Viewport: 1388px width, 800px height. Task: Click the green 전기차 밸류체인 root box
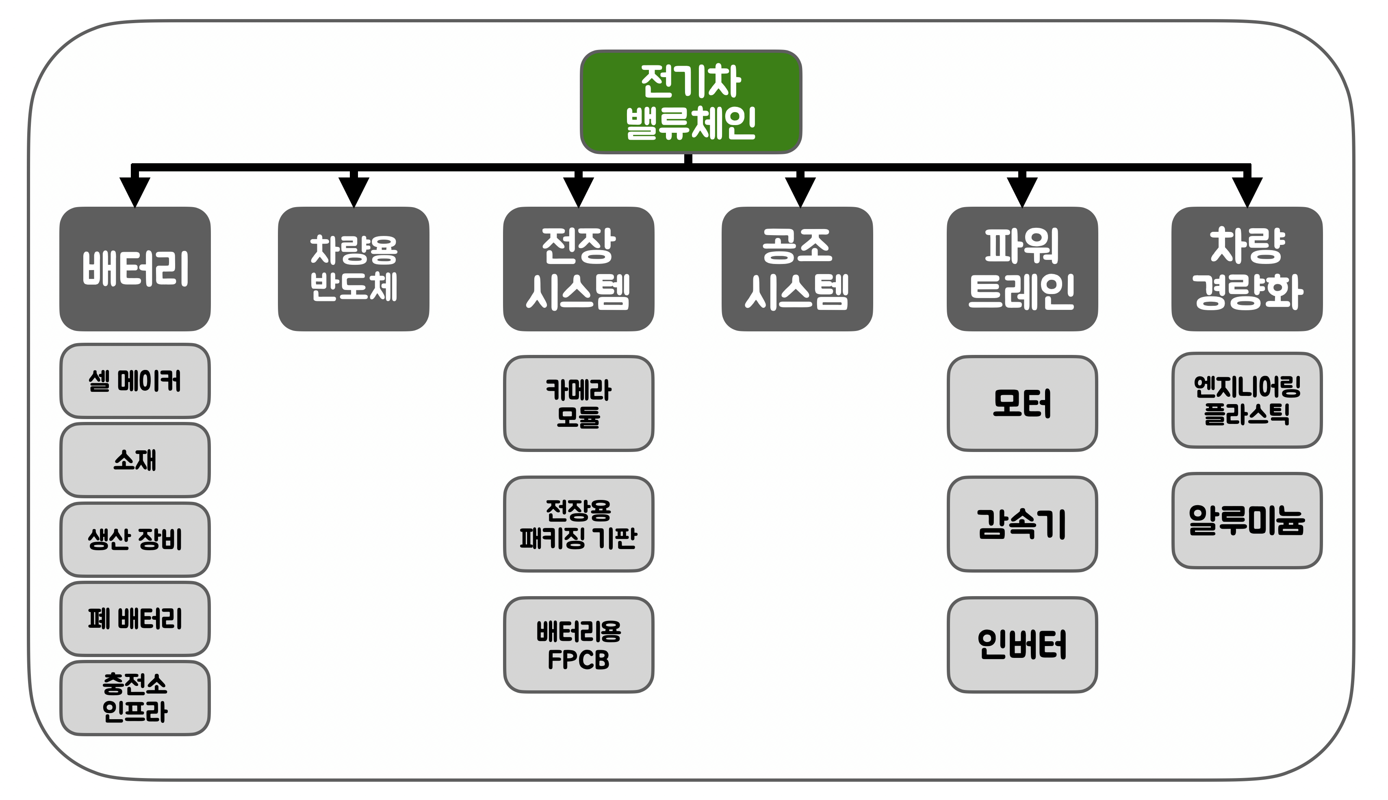click(691, 102)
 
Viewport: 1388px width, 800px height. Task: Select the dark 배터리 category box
click(134, 269)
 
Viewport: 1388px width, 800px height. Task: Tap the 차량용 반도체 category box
click(354, 269)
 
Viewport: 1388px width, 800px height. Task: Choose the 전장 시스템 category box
click(578, 269)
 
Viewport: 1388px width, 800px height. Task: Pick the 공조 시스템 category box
click(797, 269)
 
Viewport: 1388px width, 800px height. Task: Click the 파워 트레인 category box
click(1022, 269)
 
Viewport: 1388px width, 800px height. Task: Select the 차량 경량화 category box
click(1247, 269)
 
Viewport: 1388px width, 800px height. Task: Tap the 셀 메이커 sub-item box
click(134, 381)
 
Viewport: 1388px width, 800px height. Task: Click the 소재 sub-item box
click(134, 460)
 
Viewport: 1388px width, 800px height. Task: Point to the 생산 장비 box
click(134, 539)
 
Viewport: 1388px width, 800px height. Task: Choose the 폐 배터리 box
click(134, 619)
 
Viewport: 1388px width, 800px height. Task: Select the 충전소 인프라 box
click(134, 698)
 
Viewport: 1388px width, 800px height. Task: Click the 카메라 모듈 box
click(578, 403)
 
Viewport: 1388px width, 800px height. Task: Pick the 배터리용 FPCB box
click(578, 645)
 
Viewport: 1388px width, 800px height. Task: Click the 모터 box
click(1022, 403)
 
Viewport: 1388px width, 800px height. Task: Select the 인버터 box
click(1022, 645)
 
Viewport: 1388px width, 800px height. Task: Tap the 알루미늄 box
click(1247, 520)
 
